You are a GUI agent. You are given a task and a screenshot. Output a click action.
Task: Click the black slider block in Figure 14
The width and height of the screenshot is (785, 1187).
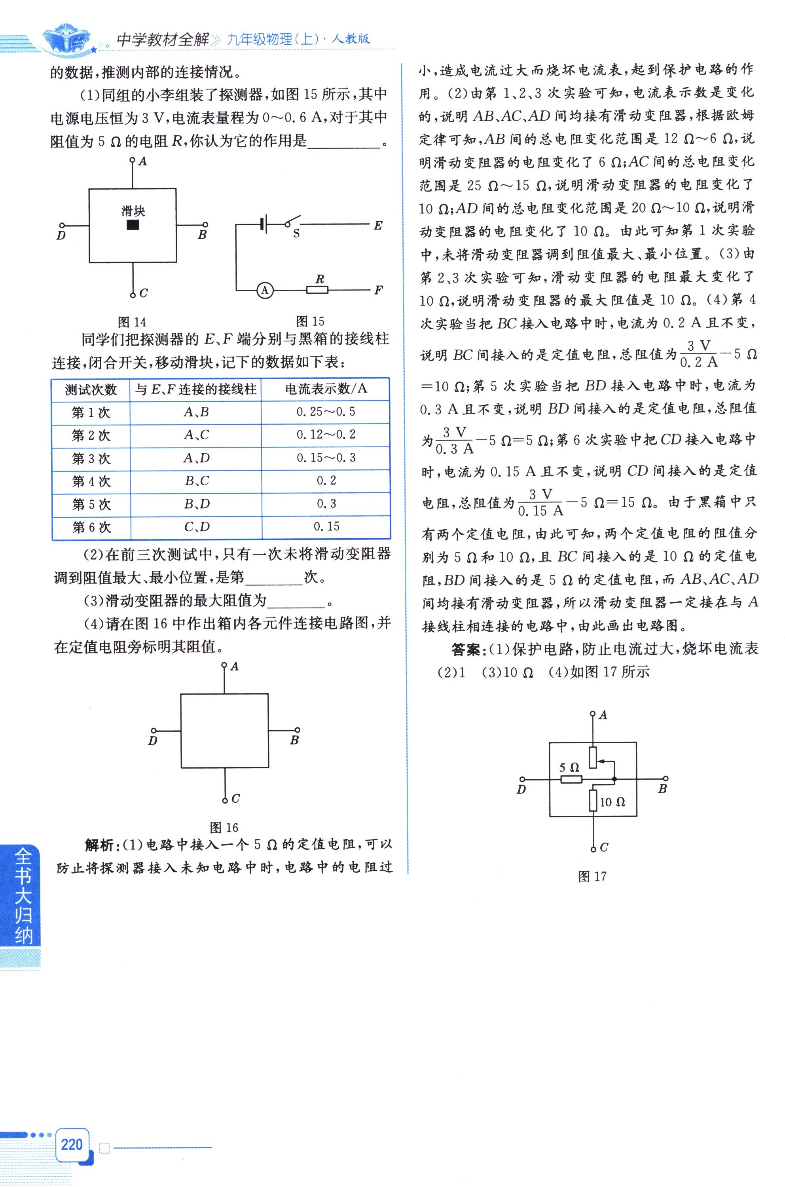click(x=133, y=225)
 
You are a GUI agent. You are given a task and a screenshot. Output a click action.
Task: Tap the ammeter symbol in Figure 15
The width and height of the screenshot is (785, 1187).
click(x=265, y=290)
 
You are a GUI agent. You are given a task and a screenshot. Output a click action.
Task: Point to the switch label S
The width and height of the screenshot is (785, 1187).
click(x=296, y=234)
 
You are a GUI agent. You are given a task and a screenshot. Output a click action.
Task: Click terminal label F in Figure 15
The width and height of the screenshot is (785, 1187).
click(x=379, y=290)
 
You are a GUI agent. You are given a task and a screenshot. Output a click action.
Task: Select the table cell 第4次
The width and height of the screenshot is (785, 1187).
click(x=91, y=481)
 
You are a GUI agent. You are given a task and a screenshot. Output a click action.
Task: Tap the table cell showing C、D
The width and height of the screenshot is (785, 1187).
click(x=196, y=527)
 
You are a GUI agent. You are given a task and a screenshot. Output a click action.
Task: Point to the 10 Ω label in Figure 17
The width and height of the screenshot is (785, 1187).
click(x=612, y=802)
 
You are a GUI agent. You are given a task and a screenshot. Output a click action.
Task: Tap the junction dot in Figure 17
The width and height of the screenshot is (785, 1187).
click(x=614, y=779)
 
